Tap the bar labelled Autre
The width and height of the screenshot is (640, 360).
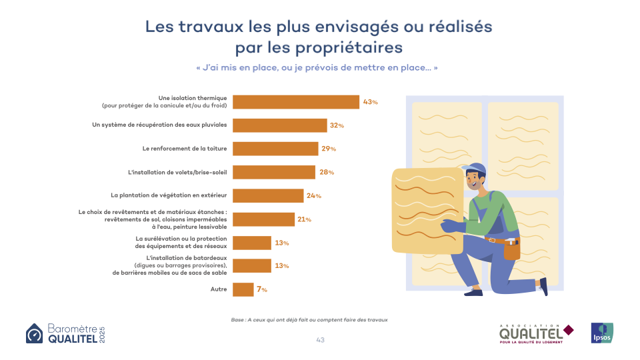click(244, 289)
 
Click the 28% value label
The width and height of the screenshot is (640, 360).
click(327, 172)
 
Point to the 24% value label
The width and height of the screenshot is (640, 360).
click(314, 196)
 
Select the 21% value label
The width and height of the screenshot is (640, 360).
click(304, 219)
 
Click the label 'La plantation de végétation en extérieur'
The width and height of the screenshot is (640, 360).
click(169, 195)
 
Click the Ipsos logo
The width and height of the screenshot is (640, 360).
click(601, 333)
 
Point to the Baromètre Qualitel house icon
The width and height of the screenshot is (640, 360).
click(34, 333)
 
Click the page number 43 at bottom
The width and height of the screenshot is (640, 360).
click(320, 340)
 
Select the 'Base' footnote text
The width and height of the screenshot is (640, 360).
click(309, 320)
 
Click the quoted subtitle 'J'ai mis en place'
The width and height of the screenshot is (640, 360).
click(317, 68)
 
